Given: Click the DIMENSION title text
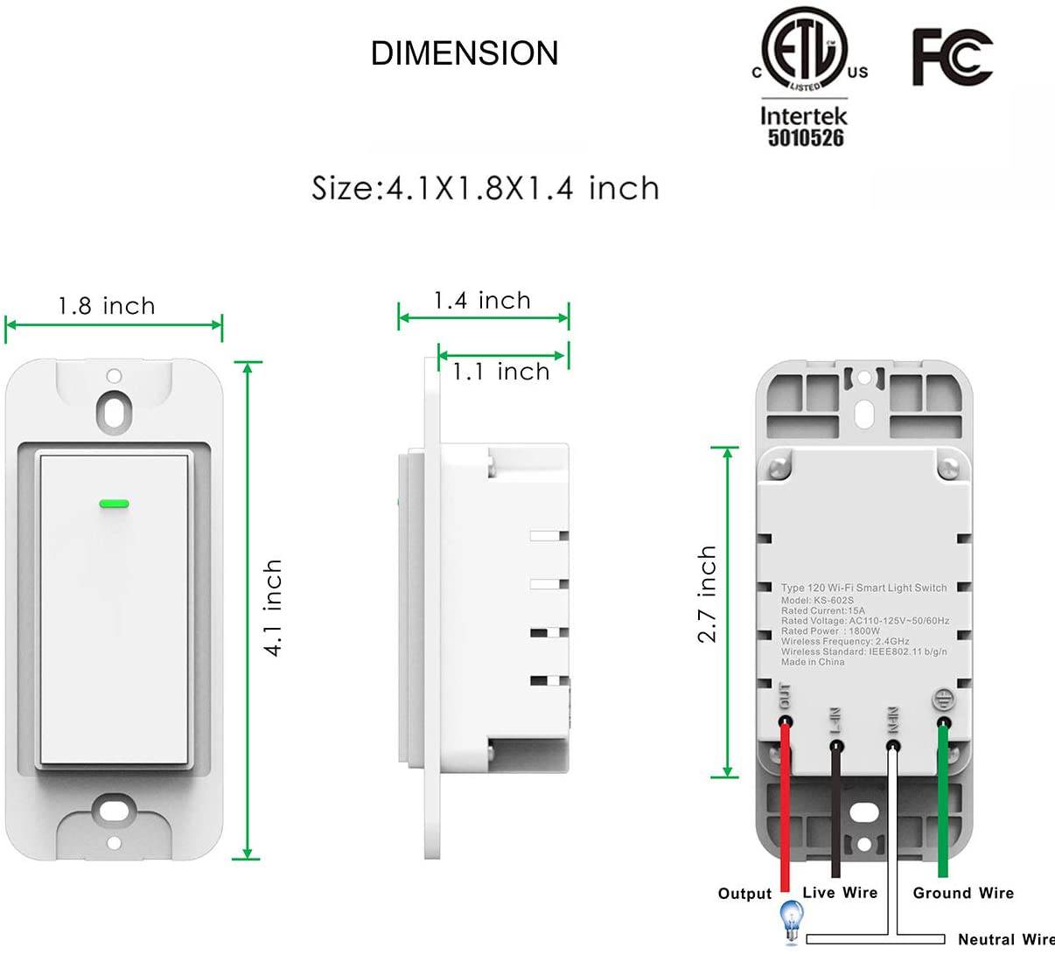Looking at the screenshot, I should pos(465,53).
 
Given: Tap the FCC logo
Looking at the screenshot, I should pos(952,57).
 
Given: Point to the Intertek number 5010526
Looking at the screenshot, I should pos(805,138).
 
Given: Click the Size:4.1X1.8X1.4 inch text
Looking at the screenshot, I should pos(486,188).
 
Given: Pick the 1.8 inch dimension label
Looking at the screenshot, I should pos(107,306).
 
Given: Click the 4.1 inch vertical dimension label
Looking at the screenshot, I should pos(273,608).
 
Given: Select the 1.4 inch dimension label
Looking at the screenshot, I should pos(482,301).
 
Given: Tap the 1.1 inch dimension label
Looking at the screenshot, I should pos(501,372).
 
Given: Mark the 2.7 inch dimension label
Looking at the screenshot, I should pos(707,595).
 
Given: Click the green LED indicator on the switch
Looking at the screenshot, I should pos(114,504).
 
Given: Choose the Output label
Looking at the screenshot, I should pos(744,894).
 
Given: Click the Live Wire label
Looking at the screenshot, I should pos(840,893).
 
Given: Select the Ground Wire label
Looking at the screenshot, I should pos(963,893).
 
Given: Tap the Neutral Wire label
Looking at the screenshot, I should pos(1004,939).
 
